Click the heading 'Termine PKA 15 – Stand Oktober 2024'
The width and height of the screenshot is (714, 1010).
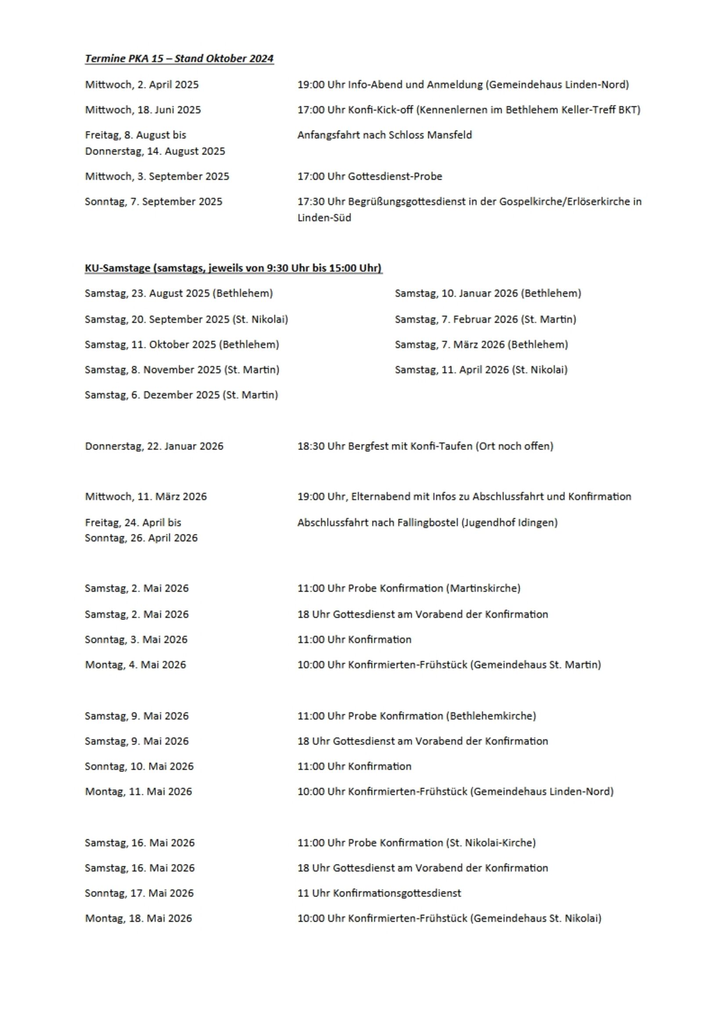179,58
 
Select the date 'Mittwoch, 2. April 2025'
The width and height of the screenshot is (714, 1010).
142,84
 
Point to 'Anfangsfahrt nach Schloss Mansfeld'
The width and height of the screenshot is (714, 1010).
385,135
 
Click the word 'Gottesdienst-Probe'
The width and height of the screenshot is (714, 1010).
395,177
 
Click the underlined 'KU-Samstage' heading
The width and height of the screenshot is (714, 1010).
117,268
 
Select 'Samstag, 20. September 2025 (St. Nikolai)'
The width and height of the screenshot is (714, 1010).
187,319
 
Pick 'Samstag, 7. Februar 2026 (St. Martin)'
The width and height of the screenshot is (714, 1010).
485,319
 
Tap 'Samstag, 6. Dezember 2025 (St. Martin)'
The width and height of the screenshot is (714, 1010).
181,395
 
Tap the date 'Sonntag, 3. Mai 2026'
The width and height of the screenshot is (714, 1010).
136,639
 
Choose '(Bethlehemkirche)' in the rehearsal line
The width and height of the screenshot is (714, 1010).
491,716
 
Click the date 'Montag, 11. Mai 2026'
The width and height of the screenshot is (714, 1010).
139,791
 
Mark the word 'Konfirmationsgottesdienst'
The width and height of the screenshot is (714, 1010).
397,893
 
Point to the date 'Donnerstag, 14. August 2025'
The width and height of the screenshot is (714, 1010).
155,151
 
